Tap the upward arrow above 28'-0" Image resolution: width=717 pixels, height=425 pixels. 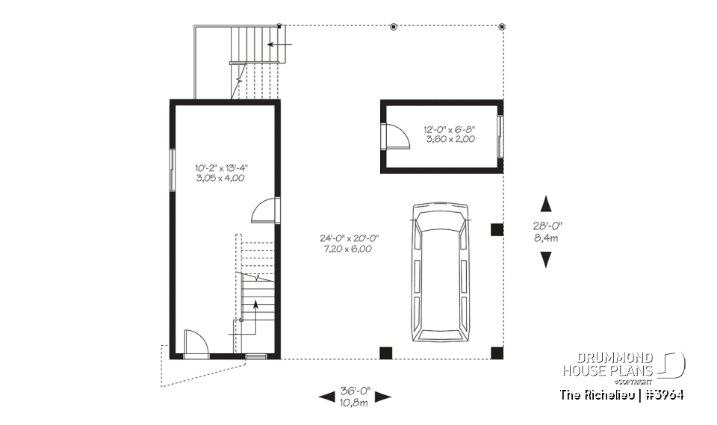coord(546,203)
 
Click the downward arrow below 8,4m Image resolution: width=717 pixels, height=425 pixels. coord(546,259)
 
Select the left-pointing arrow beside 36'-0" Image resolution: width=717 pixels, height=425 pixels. coord(326,397)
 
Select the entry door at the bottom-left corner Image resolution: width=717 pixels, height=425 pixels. coord(194,344)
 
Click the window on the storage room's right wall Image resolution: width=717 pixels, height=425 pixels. coord(501,136)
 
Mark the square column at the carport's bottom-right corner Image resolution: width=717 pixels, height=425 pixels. coord(496,353)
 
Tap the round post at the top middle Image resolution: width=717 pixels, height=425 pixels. coord(394,27)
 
